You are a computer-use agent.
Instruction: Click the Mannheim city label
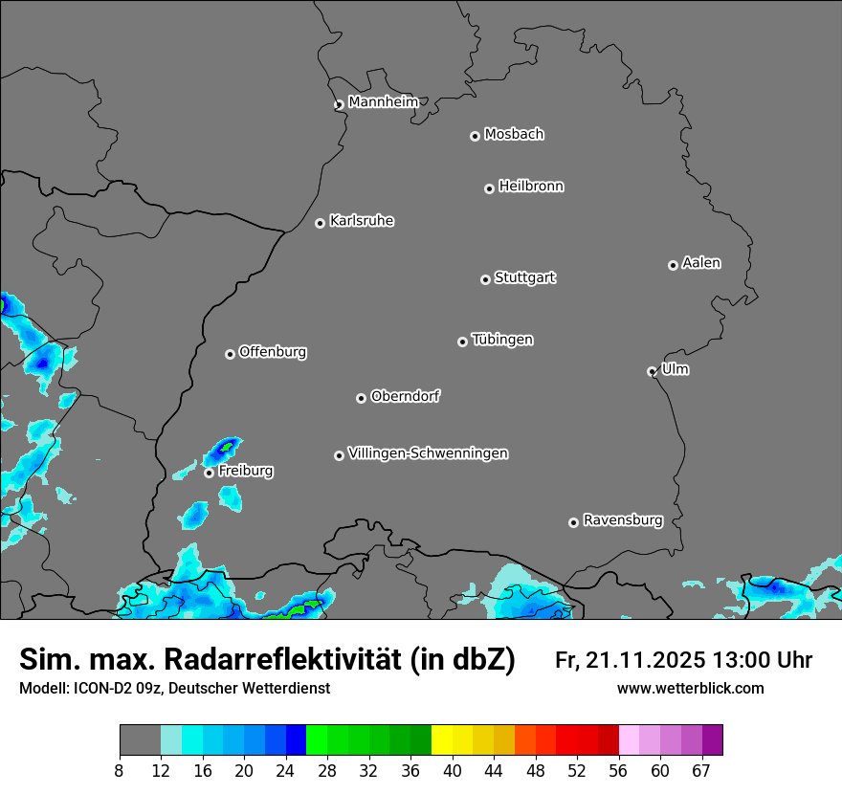[383, 101]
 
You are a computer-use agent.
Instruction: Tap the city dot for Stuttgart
[485, 279]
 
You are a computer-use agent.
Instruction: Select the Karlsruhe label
[362, 221]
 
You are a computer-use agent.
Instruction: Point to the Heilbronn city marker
[489, 188]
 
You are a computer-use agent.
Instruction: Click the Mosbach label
[514, 134]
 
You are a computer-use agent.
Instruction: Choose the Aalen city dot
[673, 265]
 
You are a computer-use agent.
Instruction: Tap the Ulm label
[675, 369]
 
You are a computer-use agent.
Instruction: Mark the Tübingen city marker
[462, 342]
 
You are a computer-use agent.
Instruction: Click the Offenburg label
[273, 352]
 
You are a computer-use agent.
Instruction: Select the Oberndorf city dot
[361, 398]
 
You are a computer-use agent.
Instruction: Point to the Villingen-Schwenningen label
[428, 453]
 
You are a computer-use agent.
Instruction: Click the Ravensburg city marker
[573, 522]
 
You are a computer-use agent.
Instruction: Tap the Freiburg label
[245, 471]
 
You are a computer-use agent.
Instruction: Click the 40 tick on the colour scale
[452, 771]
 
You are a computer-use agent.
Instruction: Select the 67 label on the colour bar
[702, 771]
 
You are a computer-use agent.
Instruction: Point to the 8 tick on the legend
[120, 771]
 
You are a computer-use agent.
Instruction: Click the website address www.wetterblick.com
[691, 688]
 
